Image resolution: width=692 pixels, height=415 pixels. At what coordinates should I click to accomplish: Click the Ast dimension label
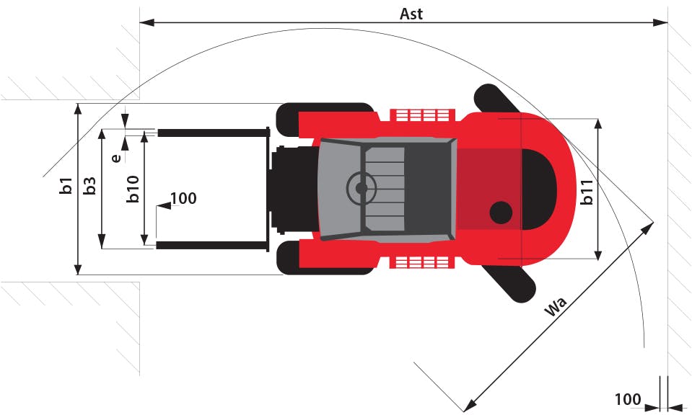411,14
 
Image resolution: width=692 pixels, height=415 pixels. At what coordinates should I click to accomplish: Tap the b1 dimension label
66,185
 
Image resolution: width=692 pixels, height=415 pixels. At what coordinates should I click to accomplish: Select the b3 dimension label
89,186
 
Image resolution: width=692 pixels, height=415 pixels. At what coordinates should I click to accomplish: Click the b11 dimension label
586,192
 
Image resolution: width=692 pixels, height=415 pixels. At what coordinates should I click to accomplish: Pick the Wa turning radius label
556,306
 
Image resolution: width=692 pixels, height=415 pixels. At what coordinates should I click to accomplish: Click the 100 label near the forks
183,198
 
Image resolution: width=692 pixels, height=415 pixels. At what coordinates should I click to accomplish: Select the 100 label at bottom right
628,400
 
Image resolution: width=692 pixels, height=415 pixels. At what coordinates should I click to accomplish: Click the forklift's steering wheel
362,188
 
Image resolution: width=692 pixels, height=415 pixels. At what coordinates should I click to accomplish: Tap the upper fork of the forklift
213,133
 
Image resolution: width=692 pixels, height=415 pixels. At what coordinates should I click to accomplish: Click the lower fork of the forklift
212,245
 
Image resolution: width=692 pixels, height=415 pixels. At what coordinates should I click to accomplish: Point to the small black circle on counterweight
501,213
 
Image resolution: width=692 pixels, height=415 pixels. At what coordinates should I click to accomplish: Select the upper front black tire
325,120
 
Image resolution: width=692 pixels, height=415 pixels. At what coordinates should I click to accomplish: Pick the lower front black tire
325,258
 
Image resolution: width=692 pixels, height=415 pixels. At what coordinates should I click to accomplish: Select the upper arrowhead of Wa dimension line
647,228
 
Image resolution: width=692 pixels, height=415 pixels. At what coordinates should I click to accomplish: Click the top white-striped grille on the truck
422,115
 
